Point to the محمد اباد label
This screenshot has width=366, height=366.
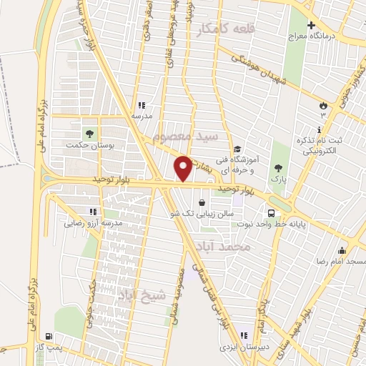coord(223,247)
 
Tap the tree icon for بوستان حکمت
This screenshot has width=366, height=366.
coord(89,133)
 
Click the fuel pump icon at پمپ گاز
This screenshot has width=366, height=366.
coord(48,336)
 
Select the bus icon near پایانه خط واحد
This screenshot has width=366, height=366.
coord(271,212)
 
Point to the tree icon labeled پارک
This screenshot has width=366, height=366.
coord(279,168)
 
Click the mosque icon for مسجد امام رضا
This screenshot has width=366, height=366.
coord(342,250)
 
